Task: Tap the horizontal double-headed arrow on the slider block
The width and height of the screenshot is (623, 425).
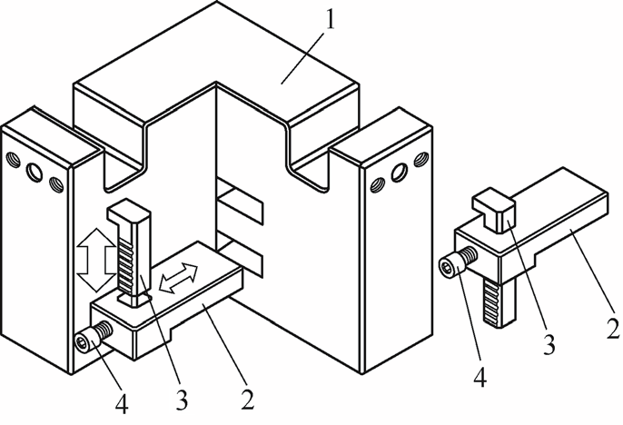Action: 177,277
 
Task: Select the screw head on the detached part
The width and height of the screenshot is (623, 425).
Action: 449,267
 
